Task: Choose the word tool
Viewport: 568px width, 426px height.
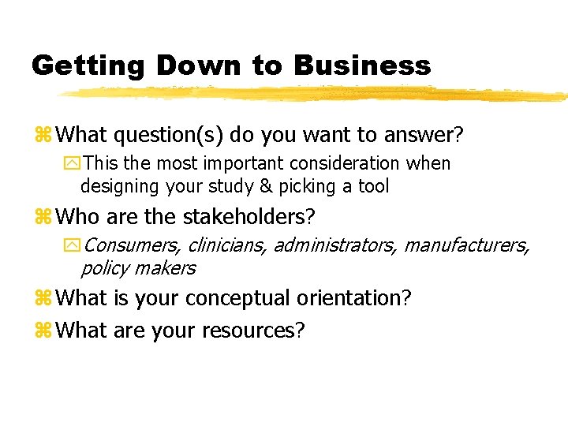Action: pyautogui.click(x=372, y=187)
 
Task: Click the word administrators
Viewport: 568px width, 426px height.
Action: pyautogui.click(x=336, y=245)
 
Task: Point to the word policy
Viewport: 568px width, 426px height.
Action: pyautogui.click(x=106, y=268)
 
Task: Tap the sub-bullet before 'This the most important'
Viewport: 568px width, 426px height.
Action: pyautogui.click(x=73, y=164)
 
